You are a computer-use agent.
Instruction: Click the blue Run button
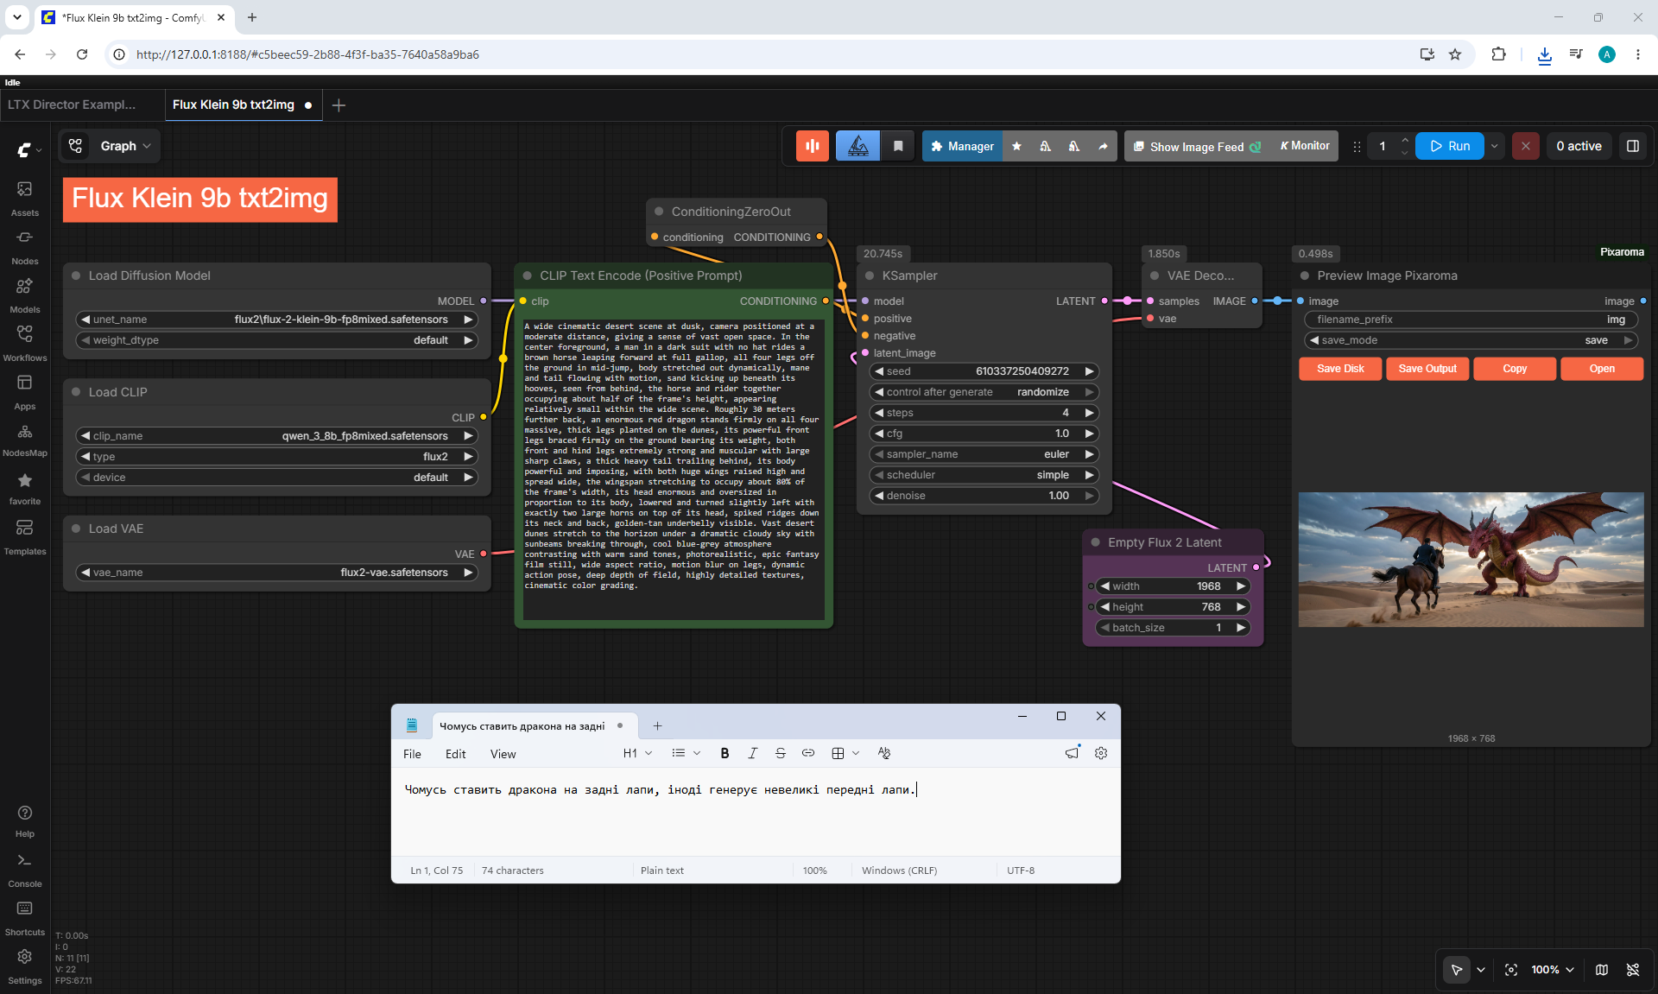pos(1449,146)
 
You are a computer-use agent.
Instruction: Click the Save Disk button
pos(1340,369)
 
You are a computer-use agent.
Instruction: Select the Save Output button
pos(1427,369)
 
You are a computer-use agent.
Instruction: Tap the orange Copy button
pos(1515,369)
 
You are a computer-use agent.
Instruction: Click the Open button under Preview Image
pos(1602,369)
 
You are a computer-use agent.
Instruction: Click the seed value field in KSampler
pos(984,371)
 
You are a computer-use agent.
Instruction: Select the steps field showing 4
pos(984,413)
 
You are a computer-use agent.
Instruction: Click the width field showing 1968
pos(1173,586)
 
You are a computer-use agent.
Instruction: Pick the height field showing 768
pos(1173,607)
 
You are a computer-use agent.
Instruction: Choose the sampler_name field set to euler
pos(984,454)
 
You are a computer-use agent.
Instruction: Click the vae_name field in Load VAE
pos(277,573)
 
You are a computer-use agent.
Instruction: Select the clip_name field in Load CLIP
pos(277,436)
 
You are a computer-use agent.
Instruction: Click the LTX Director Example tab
pos(73,104)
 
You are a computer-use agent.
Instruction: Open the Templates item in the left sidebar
pos(25,536)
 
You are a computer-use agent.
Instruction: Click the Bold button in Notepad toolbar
pos(725,753)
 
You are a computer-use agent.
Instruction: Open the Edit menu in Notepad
pos(455,754)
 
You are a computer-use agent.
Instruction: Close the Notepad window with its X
pos(1101,716)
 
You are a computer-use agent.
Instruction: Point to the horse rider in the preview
pos(1430,553)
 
